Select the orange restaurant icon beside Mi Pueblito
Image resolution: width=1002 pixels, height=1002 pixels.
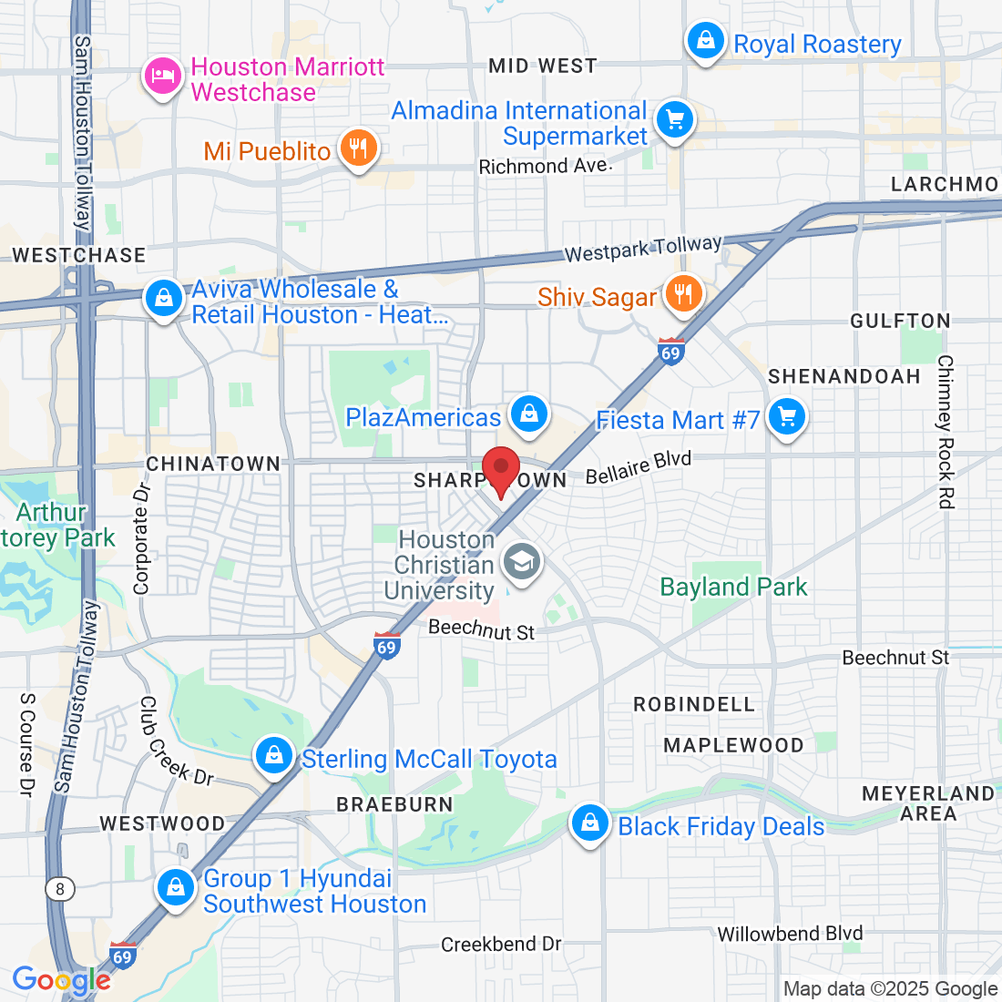click(x=358, y=148)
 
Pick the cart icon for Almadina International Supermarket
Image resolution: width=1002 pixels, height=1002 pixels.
click(x=675, y=119)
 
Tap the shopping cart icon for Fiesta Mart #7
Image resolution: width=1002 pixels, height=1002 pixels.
click(x=786, y=418)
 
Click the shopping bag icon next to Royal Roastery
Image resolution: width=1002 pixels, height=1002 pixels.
click(x=706, y=41)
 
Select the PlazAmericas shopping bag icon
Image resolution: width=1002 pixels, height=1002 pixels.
click(x=528, y=415)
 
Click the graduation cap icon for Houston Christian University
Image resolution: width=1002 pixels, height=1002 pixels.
click(x=522, y=562)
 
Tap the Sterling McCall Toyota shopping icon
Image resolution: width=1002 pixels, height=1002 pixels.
click(x=273, y=755)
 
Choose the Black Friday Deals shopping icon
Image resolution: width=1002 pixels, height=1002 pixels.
click(x=590, y=823)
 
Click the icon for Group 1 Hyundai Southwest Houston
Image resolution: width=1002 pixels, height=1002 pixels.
click(x=175, y=886)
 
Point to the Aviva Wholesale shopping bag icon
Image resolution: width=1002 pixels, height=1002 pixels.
click(x=164, y=298)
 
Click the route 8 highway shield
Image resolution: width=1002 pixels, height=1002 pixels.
click(x=59, y=888)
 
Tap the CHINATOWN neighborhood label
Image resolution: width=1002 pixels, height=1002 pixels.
click(x=213, y=464)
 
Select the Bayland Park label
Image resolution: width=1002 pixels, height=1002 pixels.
click(x=733, y=588)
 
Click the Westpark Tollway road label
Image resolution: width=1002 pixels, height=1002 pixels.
click(x=643, y=249)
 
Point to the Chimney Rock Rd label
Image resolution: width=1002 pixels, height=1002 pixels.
click(x=946, y=432)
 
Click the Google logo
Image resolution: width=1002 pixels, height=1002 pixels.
click(x=61, y=980)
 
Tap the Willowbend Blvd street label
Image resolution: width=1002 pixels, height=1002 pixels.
click(x=790, y=934)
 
